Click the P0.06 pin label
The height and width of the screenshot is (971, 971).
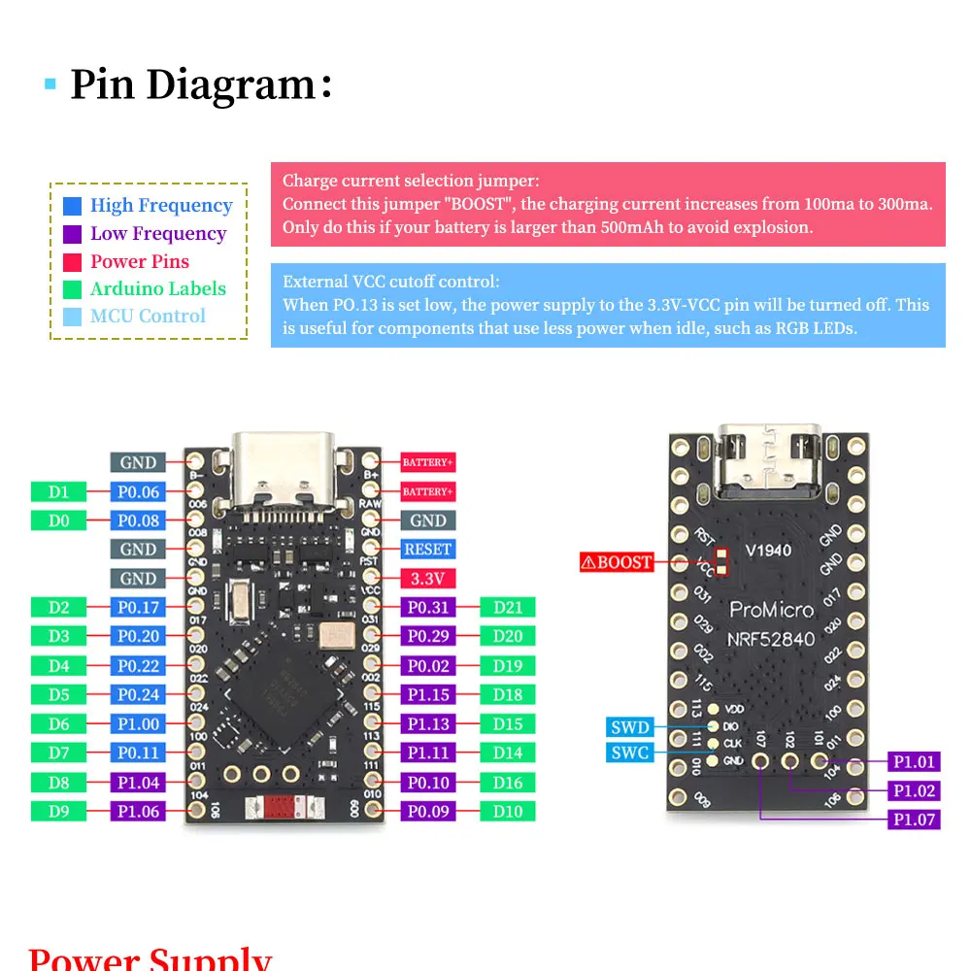(x=138, y=492)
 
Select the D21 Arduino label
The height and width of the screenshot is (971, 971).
(x=508, y=608)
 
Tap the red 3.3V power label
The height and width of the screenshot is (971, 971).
(x=428, y=579)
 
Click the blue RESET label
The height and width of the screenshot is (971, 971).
(x=428, y=550)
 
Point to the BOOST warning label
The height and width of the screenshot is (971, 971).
(x=617, y=561)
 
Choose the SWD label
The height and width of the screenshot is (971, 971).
(x=630, y=727)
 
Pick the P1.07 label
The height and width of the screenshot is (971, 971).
(x=915, y=820)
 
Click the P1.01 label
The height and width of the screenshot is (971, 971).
(x=915, y=762)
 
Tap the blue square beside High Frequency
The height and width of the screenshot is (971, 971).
(x=72, y=206)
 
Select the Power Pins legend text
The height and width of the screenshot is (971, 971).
(x=140, y=261)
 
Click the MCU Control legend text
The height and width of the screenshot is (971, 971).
(x=148, y=316)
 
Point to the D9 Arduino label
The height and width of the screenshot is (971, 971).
(x=59, y=812)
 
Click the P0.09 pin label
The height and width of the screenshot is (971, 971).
(x=428, y=812)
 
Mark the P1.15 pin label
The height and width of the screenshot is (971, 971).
(x=428, y=695)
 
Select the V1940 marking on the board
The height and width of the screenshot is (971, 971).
(x=768, y=551)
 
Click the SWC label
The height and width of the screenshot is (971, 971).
(x=630, y=753)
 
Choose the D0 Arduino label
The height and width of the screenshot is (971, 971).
(x=59, y=520)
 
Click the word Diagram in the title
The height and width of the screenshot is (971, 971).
(x=230, y=85)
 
